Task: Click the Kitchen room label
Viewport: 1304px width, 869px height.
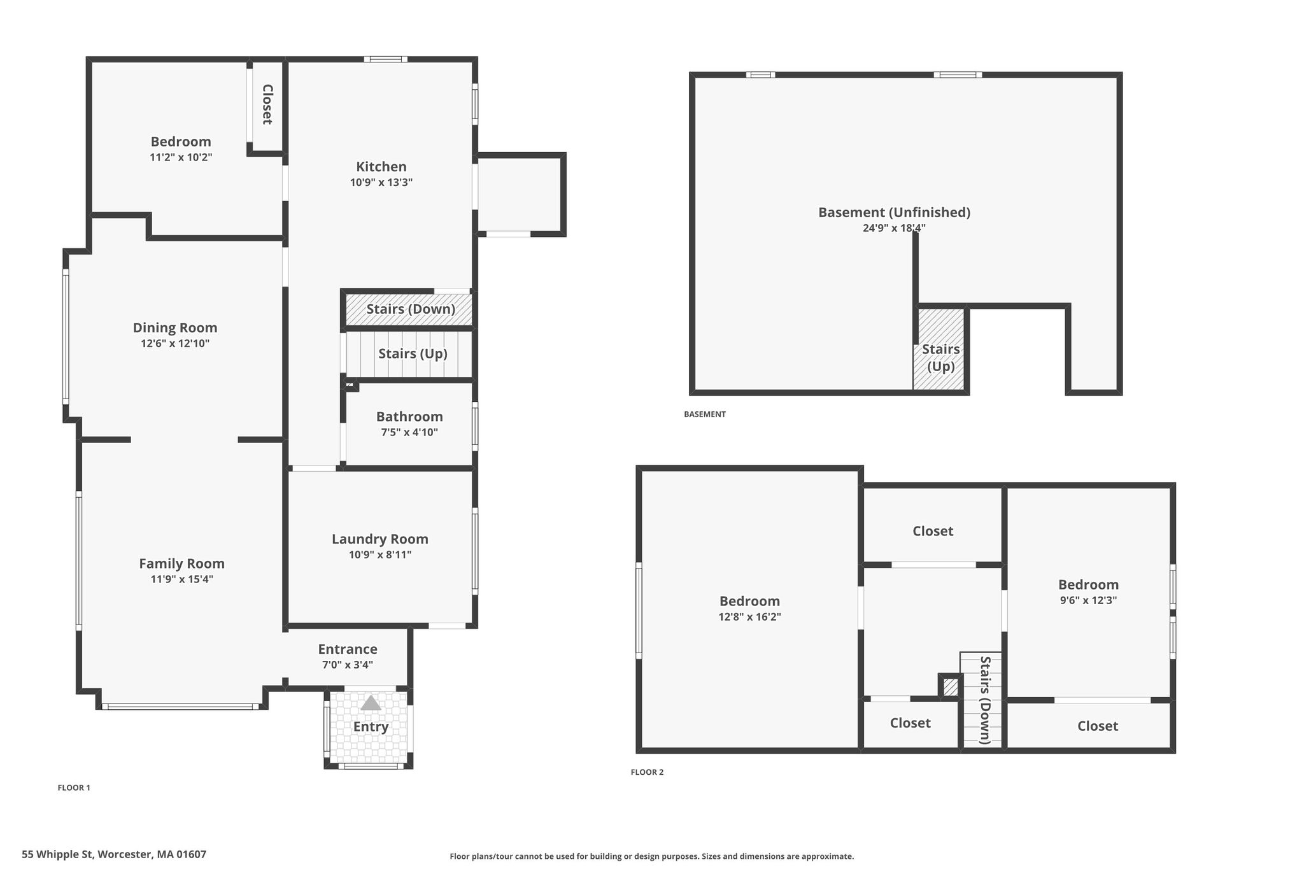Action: point(381,167)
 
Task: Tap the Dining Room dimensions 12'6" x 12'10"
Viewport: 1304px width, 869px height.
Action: point(175,344)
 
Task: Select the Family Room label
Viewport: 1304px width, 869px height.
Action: point(181,563)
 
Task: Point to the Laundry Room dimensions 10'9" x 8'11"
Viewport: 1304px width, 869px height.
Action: point(380,555)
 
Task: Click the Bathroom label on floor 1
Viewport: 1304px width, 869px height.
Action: point(409,416)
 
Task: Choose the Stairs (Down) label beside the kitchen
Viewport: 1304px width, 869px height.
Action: point(411,309)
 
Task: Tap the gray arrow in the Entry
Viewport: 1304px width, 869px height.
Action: point(371,703)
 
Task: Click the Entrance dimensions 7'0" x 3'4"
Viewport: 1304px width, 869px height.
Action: point(348,665)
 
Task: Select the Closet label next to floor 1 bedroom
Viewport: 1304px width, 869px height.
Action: point(267,104)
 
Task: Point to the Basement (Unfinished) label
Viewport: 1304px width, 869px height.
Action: point(894,213)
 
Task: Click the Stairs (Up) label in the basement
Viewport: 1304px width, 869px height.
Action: point(941,358)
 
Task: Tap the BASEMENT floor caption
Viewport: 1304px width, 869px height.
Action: point(705,414)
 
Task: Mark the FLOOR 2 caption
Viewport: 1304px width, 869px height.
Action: point(647,772)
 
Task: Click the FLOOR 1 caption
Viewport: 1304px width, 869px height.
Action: point(74,788)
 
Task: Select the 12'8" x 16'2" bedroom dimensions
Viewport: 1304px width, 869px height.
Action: point(749,617)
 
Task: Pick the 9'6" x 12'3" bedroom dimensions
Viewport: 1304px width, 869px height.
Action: point(1088,600)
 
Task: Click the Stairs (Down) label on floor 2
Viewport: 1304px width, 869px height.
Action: point(985,700)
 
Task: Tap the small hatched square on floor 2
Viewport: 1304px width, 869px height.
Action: point(950,688)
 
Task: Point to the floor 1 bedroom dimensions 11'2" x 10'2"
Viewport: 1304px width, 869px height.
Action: point(181,157)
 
